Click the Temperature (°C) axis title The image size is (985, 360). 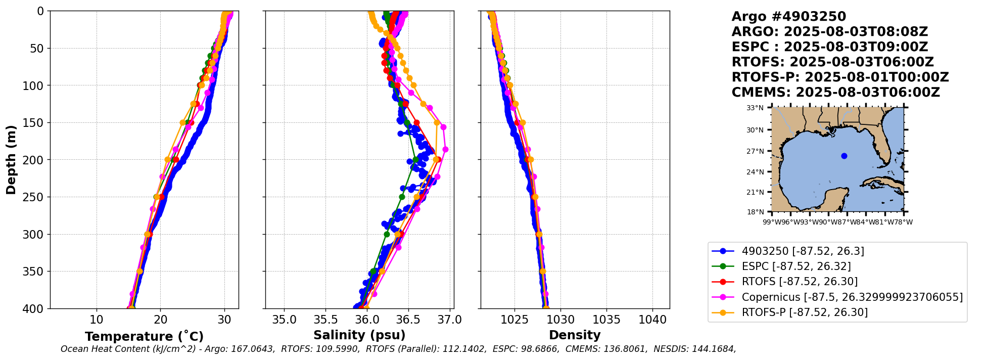click(144, 336)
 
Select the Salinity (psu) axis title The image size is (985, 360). click(359, 335)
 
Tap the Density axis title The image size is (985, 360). click(575, 335)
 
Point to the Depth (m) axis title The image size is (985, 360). click(11, 159)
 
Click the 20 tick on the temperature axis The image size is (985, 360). click(160, 320)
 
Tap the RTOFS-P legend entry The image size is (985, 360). click(789, 312)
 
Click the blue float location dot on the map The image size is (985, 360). click(844, 156)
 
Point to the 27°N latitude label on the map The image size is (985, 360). click(755, 151)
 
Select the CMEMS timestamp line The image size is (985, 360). click(835, 93)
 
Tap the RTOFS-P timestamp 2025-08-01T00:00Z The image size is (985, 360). click(877, 77)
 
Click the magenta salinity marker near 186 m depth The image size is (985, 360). click(445, 149)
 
